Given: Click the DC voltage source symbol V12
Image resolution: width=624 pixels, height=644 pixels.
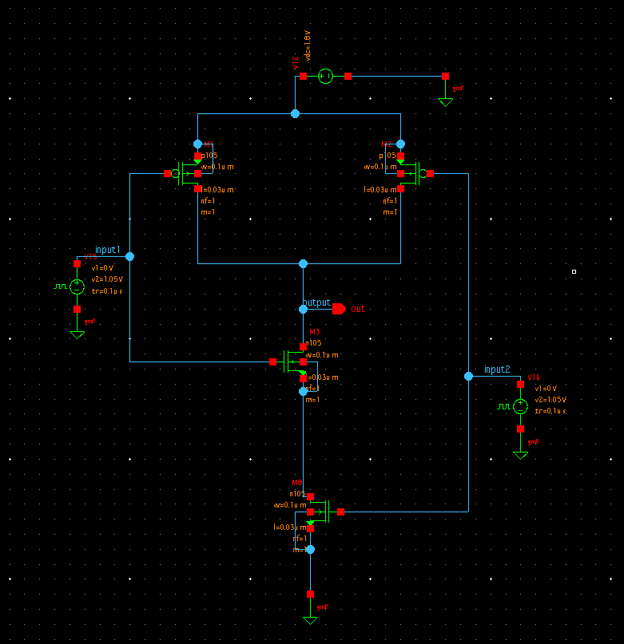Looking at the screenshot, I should point(325,76).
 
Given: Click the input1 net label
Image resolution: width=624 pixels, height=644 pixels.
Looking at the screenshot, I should point(107,250).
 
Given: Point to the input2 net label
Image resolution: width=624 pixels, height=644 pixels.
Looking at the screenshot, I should point(496,369).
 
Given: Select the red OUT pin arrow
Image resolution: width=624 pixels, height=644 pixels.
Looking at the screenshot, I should point(339,309).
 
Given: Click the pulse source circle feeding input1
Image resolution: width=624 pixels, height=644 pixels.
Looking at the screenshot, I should point(77,286).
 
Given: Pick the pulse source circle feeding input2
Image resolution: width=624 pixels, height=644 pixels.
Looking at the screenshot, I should point(520,406).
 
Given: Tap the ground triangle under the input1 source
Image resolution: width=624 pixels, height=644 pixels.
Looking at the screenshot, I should point(77,334).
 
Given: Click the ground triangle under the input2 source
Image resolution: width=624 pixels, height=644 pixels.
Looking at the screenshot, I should point(520,455).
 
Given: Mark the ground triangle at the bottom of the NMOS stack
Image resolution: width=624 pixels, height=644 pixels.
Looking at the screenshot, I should point(310,619).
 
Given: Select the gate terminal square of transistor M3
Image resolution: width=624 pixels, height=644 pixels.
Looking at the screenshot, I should point(272,362).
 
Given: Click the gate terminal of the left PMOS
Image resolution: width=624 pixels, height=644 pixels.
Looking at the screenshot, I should point(167,173).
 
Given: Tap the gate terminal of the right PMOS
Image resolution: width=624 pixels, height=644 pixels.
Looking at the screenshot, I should point(430,173).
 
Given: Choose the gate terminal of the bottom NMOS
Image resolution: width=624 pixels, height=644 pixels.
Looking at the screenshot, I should point(340,512).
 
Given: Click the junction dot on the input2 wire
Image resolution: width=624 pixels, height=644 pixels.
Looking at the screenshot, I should point(468,376).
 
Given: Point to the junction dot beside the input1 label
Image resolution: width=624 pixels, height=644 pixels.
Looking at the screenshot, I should point(129,256).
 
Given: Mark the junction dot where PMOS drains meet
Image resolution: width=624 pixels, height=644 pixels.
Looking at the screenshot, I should point(303,263).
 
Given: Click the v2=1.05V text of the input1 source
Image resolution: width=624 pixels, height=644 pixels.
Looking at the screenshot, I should point(107,279).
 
